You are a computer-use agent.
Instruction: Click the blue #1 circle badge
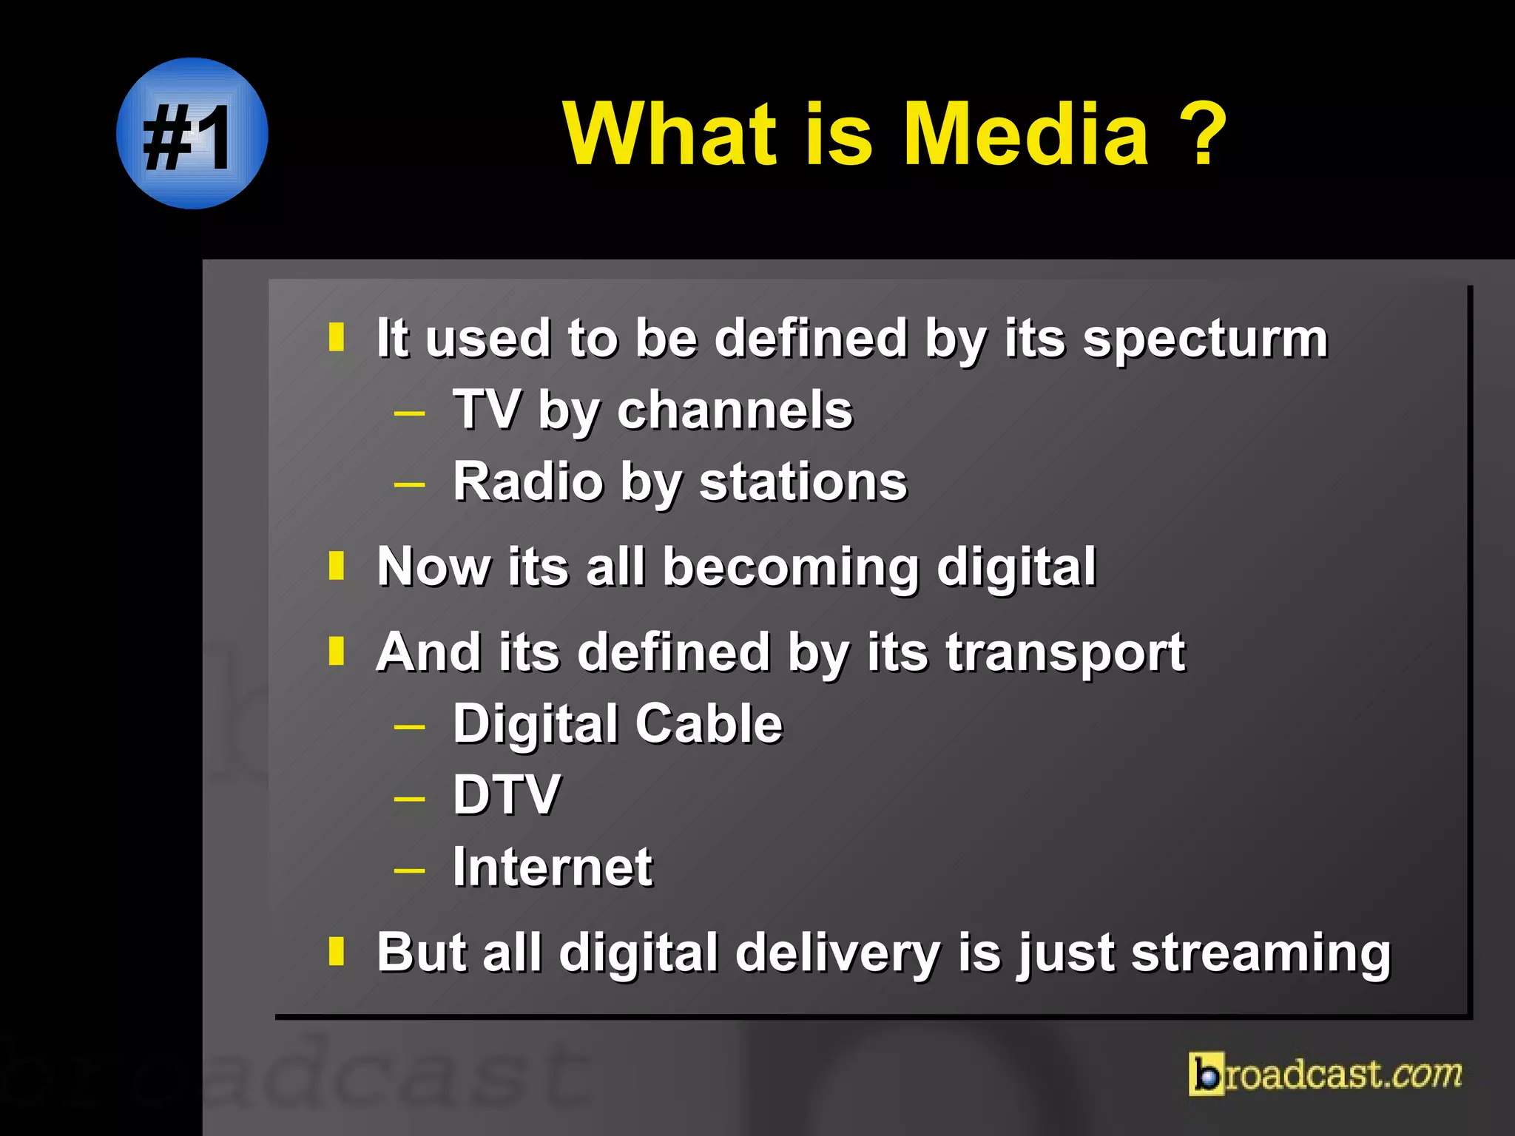pyautogui.click(x=192, y=134)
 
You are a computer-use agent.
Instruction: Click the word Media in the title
pyautogui.click(x=1026, y=135)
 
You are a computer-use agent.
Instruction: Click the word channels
pyautogui.click(x=735, y=410)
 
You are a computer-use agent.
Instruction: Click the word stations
pyautogui.click(x=803, y=482)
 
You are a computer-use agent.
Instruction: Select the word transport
pyautogui.click(x=1065, y=654)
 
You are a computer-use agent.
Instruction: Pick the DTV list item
pyautogui.click(x=507, y=795)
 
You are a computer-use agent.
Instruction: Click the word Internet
pyautogui.click(x=553, y=867)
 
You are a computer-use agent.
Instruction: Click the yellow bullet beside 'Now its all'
pyautogui.click(x=337, y=566)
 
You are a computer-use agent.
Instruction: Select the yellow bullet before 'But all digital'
pyautogui.click(x=337, y=951)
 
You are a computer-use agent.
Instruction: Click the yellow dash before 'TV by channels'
pyautogui.click(x=409, y=413)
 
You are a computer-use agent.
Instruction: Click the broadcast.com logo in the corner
pyautogui.click(x=1325, y=1074)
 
